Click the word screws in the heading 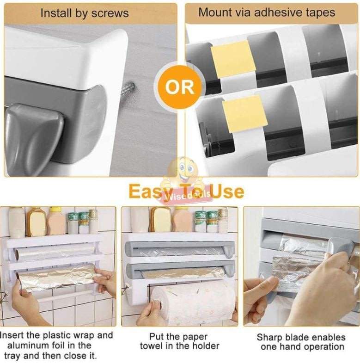[110, 13]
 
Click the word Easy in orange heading [147, 191]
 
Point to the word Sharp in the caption [270, 337]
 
